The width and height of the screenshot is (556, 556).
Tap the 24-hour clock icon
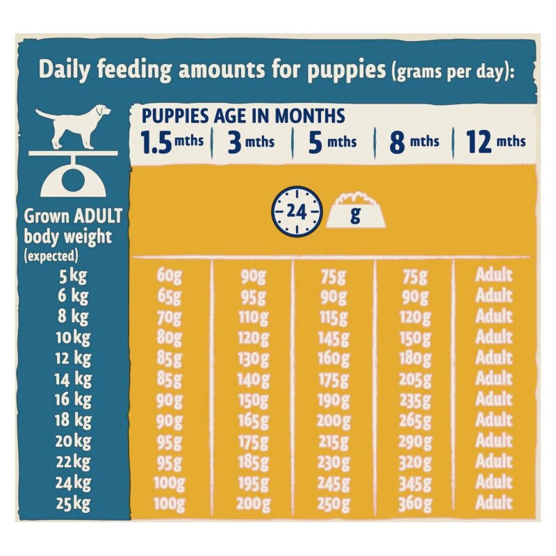pos(297,211)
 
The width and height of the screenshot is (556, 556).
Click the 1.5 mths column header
pos(172,142)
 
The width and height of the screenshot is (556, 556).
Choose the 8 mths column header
pos(414,142)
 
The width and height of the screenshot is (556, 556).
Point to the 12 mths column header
pos(496,142)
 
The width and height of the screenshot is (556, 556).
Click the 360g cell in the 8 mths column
pos(415,503)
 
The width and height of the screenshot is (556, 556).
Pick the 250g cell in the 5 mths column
pos(334,503)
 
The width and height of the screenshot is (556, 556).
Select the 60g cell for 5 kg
pos(169,275)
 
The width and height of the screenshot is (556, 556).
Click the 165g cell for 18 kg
pos(254,420)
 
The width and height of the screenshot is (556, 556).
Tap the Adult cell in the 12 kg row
pos(493,358)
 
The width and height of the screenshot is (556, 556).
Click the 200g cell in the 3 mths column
pos(254,503)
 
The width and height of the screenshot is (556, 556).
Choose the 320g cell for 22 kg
pos(415,462)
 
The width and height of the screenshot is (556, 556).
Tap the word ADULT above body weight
pos(99,216)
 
